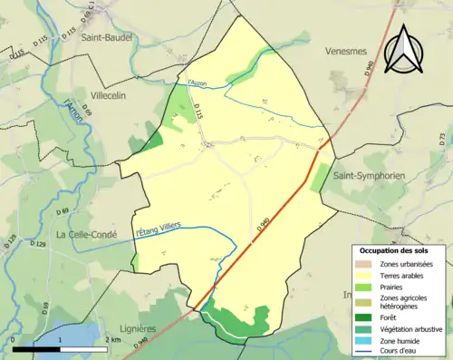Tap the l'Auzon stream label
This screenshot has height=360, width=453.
198,83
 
